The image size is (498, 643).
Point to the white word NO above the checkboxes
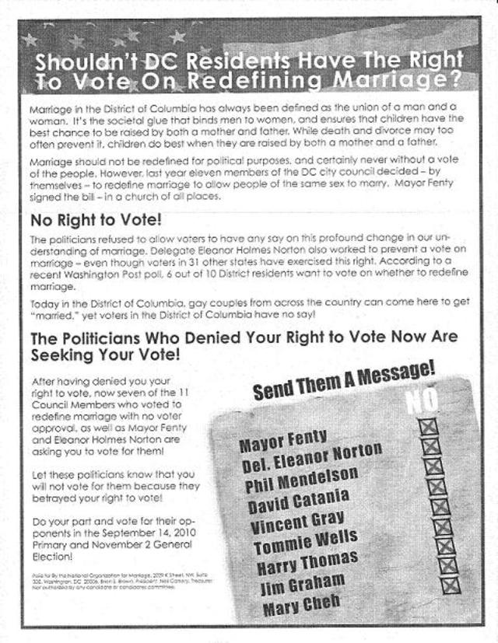[423, 400]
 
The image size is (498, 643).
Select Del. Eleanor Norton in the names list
[310, 458]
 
